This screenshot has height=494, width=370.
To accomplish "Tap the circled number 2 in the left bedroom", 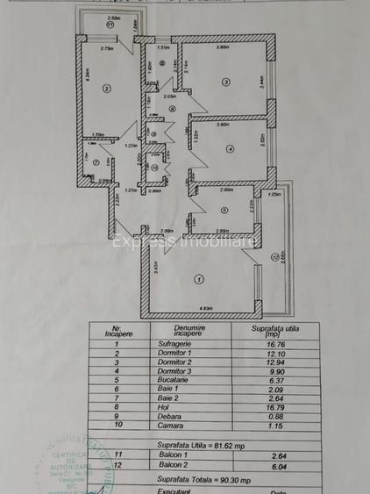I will click(x=106, y=88).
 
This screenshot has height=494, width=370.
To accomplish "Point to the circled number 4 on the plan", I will click(x=230, y=149).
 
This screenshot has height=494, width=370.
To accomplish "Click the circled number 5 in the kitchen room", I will click(x=224, y=210).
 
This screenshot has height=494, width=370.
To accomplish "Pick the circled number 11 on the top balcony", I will click(x=110, y=25).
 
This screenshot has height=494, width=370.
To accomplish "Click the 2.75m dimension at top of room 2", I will click(x=106, y=49).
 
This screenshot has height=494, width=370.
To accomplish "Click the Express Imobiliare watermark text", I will click(x=184, y=239).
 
